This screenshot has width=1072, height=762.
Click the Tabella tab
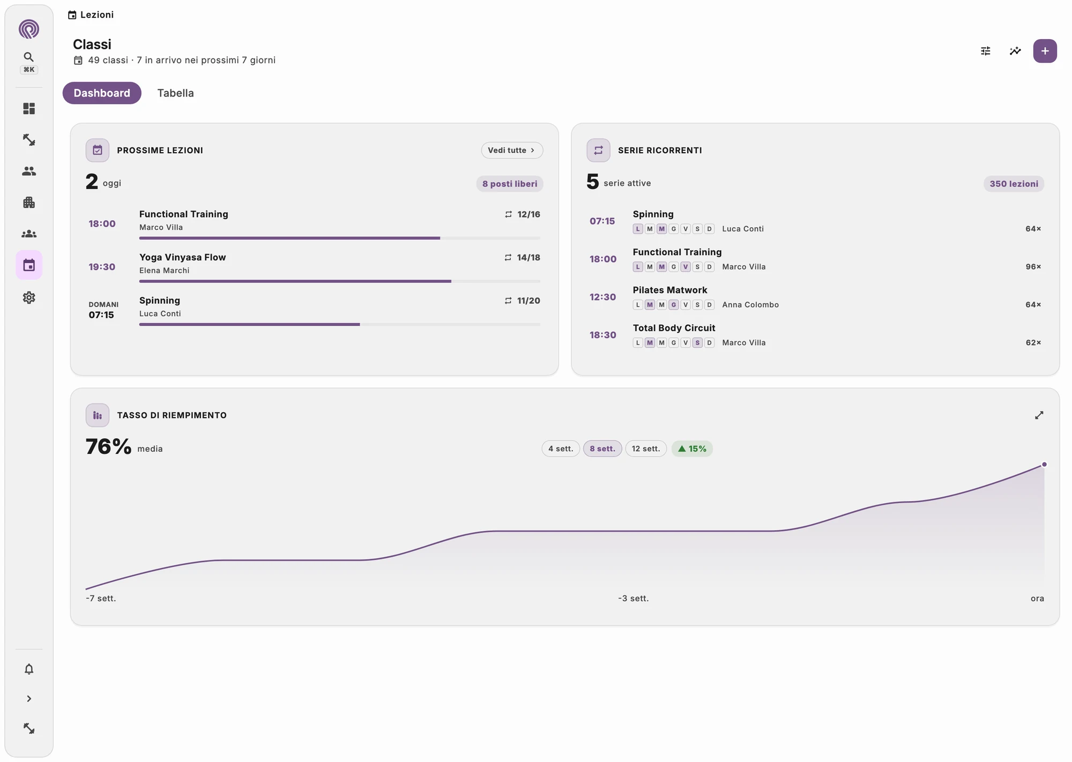tap(175, 93)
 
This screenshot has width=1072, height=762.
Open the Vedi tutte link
tap(512, 151)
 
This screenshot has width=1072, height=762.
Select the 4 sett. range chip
tap(561, 449)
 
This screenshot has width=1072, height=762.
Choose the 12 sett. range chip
tap(646, 449)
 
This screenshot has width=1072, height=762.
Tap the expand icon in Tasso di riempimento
tap(1039, 415)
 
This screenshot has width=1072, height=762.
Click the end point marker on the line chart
tap(1044, 465)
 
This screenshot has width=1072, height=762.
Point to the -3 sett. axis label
tap(634, 598)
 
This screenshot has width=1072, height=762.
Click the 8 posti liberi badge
tap(510, 184)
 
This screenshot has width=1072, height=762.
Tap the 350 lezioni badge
tap(1014, 184)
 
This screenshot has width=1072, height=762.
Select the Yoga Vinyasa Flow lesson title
tap(183, 257)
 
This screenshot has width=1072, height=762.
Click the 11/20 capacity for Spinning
tap(528, 301)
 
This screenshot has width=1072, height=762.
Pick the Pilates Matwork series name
tap(670, 290)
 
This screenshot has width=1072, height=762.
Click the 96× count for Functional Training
tap(1033, 267)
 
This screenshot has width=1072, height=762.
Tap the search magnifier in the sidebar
tap(29, 57)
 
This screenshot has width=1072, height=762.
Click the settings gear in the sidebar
tap(29, 297)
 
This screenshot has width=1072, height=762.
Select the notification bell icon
tap(29, 669)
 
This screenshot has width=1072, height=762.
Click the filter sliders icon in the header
tap(986, 51)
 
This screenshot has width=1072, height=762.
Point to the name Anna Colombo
tap(750, 305)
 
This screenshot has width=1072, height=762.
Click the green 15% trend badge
tap(692, 449)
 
